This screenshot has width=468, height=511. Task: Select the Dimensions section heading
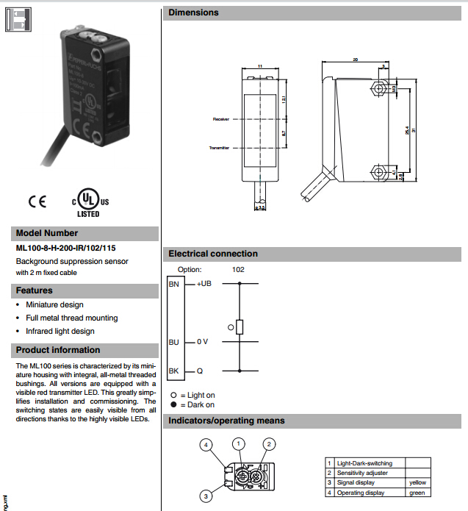pos(193,12)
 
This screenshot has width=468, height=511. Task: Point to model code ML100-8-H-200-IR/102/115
pos(66,249)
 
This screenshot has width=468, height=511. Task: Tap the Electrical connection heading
pos(213,254)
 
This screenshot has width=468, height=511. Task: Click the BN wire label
pos(174,283)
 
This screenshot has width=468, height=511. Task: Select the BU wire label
pos(174,342)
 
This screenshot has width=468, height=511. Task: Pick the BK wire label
pos(174,371)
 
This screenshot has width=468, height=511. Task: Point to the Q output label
pos(199,371)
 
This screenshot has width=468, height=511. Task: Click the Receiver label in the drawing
pos(220,118)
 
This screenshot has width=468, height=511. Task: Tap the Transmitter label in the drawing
pos(219,147)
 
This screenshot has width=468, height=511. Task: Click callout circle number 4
pos(207,445)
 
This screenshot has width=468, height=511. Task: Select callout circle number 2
pos(270,443)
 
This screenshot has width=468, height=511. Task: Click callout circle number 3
pos(207,494)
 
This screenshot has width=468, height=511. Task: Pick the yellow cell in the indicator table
pos(417,482)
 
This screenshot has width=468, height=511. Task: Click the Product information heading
pos(58,350)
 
